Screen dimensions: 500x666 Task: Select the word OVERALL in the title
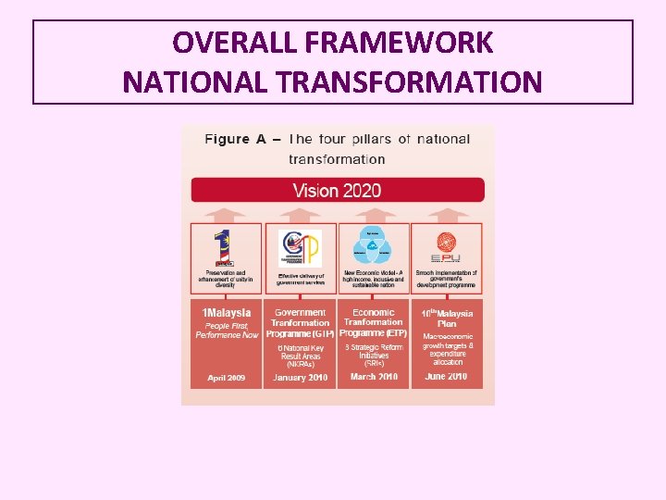click(x=226, y=43)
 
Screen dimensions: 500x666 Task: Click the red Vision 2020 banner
click(x=338, y=191)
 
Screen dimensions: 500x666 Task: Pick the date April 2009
click(x=226, y=378)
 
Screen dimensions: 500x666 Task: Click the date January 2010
click(x=300, y=378)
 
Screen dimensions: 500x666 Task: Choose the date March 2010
click(x=374, y=377)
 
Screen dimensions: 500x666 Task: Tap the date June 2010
click(x=447, y=377)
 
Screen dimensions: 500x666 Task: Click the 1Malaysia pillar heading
click(x=227, y=313)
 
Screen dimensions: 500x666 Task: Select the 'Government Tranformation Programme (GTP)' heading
click(x=300, y=322)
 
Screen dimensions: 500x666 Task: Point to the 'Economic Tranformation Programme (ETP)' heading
click(x=374, y=322)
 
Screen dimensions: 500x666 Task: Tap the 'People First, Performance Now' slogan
click(x=227, y=330)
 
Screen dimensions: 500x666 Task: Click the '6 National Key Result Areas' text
click(x=300, y=356)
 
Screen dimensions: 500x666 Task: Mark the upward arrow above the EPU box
click(x=447, y=214)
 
